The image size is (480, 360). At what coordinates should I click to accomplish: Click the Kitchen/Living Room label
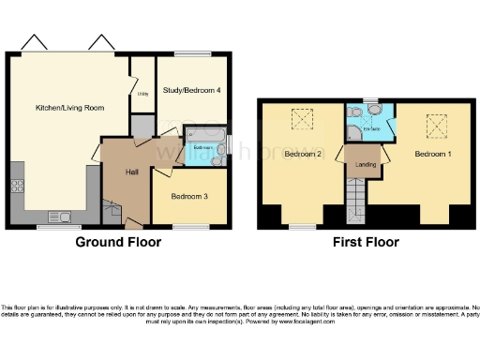pyautogui.click(x=69, y=108)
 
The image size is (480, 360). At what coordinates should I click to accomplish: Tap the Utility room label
pyautogui.click(x=142, y=94)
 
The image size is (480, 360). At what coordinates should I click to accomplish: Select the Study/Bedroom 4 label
pyautogui.click(x=191, y=90)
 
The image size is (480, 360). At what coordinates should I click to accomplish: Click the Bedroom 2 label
pyautogui.click(x=304, y=153)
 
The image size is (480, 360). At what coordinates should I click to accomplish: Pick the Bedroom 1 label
pyautogui.click(x=433, y=153)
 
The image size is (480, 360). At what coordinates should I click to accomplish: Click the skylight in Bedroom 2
pyautogui.click(x=302, y=119)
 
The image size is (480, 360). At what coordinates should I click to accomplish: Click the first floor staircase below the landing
pyautogui.click(x=356, y=202)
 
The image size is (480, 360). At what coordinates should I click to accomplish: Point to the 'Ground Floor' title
pyautogui.click(x=118, y=242)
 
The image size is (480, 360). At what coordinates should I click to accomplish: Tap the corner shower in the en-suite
pyautogui.click(x=353, y=112)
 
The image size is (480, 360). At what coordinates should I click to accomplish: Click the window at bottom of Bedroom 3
pyautogui.click(x=191, y=227)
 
